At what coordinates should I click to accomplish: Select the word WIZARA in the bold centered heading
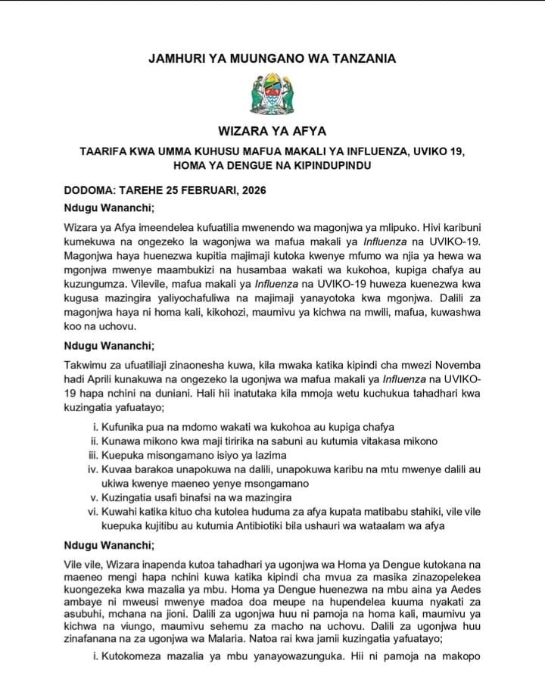(239, 129)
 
